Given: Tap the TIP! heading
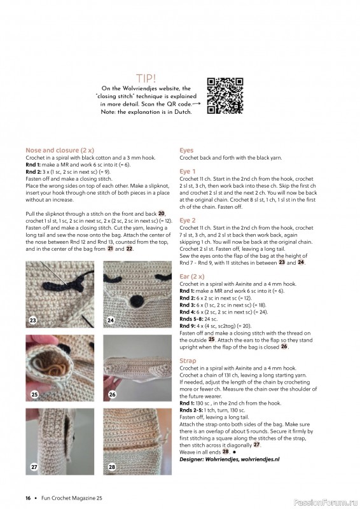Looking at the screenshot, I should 146,78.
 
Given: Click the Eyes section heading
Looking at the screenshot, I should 186,151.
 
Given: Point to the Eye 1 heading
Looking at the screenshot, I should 188,172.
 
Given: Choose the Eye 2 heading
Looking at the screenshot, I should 188,220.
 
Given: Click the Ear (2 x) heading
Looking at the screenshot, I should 193,277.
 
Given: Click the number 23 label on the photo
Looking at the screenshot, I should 32,320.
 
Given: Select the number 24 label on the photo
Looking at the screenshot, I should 111,320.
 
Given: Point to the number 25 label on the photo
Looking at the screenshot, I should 32,395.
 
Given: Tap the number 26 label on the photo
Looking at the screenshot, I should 112,394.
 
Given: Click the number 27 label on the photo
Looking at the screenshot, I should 32,467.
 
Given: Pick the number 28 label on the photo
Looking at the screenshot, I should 111,468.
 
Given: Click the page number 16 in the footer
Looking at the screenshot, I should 28,498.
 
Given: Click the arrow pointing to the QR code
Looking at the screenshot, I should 197,102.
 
